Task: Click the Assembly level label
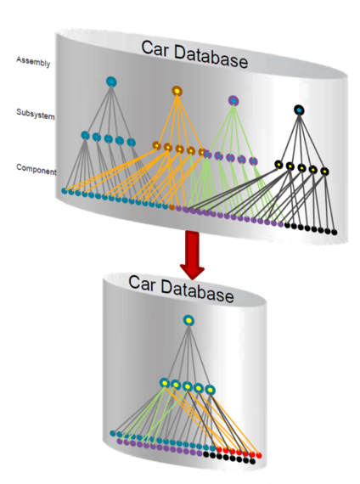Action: pos(33,61)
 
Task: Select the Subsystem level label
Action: pos(36,114)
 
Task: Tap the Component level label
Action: pos(37,169)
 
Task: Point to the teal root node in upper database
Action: pos(111,82)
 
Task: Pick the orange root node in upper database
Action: pos(177,91)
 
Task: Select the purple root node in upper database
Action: pos(233,101)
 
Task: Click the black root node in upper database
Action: pos(299,110)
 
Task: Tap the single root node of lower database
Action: pos(188,321)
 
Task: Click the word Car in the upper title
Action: pos(155,49)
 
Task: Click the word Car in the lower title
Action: pos(142,284)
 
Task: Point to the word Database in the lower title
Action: pos(197,291)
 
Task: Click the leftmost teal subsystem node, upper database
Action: pos(85,135)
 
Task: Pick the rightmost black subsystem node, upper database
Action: pos(324,171)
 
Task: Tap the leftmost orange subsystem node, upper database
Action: pos(156,145)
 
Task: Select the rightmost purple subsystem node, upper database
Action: pos(253,161)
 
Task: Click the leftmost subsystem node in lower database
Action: pos(165,383)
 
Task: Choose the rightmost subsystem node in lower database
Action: pos(210,390)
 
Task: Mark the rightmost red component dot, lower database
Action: pos(259,456)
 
